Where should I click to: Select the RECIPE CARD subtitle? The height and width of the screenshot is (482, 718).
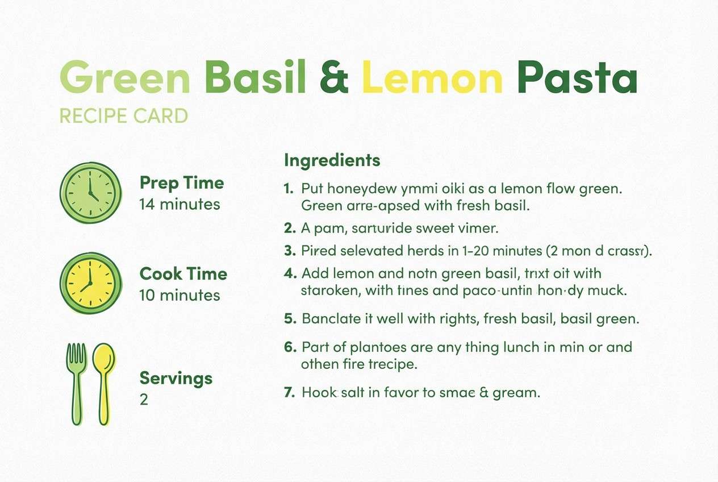[123, 117]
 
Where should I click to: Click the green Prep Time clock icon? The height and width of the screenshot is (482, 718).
[91, 192]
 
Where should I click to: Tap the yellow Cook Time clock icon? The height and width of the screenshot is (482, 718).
[91, 283]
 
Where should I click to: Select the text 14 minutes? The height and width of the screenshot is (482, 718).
[179, 204]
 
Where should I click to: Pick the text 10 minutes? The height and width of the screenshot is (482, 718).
[179, 295]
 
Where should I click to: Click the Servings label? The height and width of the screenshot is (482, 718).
[176, 378]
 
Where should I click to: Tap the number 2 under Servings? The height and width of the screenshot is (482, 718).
[144, 400]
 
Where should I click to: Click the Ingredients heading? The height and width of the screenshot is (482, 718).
[332, 160]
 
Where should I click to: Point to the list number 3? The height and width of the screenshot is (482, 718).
[290, 250]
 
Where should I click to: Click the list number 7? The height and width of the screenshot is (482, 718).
[290, 392]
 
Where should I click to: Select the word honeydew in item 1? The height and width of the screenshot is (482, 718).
[361, 188]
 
